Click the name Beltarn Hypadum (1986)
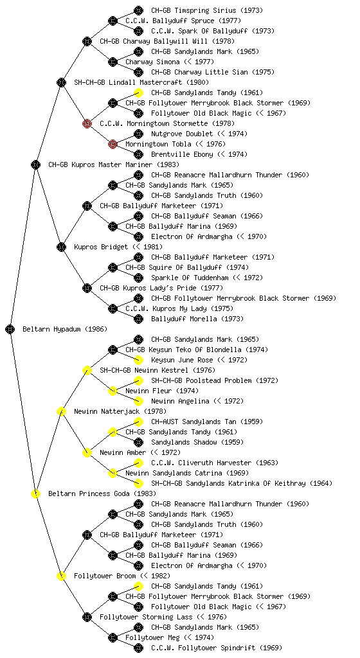click(65, 330)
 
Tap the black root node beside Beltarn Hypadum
click(10, 329)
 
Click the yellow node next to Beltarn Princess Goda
click(35, 493)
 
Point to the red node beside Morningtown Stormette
click(87, 123)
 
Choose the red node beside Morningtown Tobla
click(113, 144)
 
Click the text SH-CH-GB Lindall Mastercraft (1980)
click(141, 83)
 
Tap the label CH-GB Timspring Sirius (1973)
click(207, 10)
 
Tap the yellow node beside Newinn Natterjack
click(61, 411)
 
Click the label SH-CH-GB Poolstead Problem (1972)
click(215, 380)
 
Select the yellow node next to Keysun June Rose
click(138, 360)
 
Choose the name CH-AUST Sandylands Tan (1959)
click(207, 422)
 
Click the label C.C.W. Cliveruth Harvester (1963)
click(215, 463)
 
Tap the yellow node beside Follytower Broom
click(61, 576)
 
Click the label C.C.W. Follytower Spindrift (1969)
click(217, 648)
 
